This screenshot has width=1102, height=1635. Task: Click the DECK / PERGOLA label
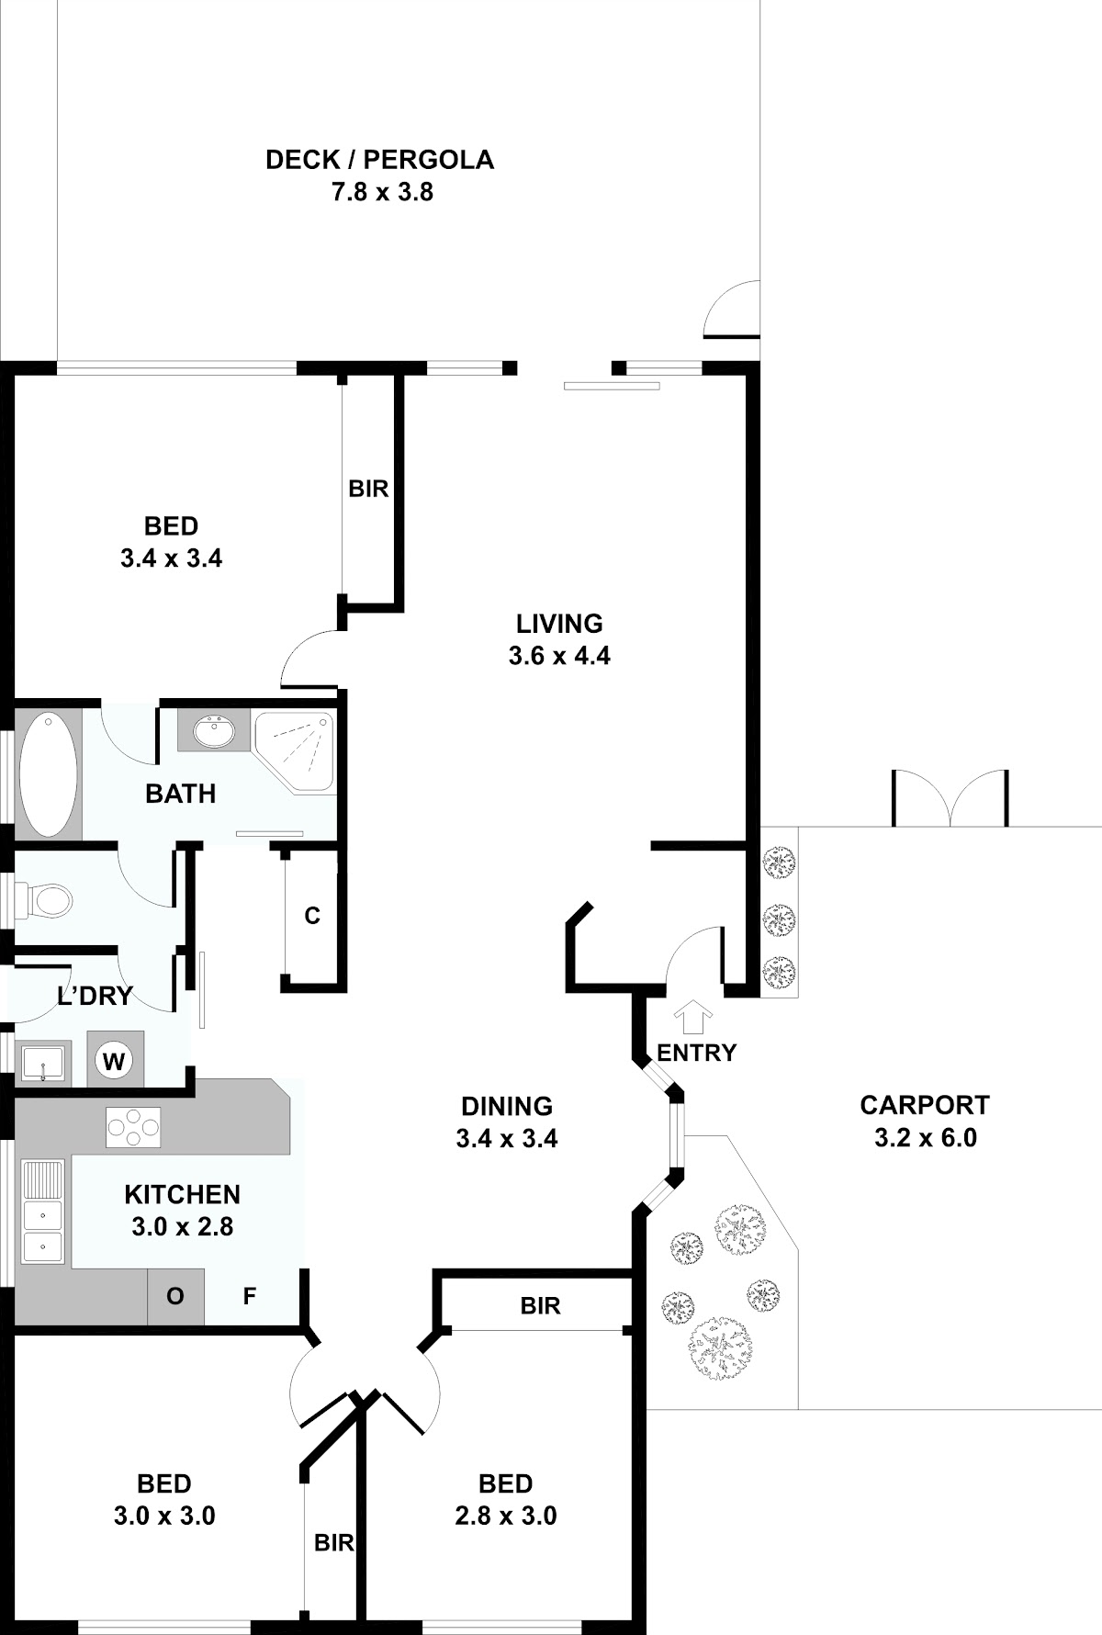click(379, 160)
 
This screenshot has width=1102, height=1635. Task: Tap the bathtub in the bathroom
click(49, 773)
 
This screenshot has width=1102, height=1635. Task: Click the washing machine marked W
click(114, 1062)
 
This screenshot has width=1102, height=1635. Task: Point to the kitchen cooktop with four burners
click(133, 1127)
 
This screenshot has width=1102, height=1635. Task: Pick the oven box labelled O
click(175, 1296)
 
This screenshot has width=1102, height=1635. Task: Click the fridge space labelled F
click(249, 1296)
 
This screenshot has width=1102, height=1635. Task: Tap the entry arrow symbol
click(693, 1018)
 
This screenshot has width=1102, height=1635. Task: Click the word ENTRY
click(697, 1053)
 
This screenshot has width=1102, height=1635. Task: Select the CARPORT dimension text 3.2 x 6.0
click(925, 1137)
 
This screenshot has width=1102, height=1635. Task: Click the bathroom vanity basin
click(214, 732)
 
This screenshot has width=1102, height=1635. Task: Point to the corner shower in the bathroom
click(294, 750)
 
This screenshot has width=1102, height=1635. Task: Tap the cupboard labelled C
click(312, 917)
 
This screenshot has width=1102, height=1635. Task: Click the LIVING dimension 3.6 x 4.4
click(559, 656)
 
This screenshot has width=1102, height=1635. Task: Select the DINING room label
click(507, 1106)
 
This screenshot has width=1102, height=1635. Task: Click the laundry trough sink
click(42, 1064)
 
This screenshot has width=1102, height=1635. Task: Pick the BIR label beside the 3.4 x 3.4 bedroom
click(368, 489)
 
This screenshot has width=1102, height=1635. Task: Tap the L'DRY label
click(96, 996)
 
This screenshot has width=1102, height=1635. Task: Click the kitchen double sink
click(43, 1212)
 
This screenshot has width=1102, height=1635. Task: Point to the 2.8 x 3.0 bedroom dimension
click(506, 1516)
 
